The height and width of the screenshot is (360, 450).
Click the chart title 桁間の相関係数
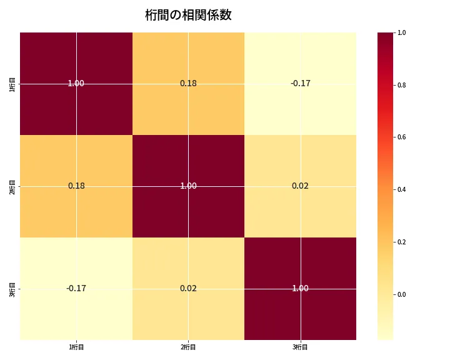[188, 16]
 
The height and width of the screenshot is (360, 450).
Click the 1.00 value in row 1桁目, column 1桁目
[76, 83]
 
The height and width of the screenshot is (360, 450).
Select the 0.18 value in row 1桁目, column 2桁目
[188, 83]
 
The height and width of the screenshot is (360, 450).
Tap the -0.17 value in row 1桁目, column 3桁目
[300, 83]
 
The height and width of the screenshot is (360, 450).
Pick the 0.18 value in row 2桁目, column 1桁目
[76, 186]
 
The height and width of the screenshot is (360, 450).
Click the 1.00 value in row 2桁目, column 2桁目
[188, 186]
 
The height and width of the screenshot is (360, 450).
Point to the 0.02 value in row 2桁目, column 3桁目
[300, 186]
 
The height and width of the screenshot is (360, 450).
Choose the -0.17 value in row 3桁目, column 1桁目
[76, 288]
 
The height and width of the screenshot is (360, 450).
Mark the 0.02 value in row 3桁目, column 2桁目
[188, 288]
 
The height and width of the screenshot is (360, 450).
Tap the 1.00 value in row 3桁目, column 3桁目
[300, 288]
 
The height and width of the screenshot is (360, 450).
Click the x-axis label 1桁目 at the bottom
[76, 347]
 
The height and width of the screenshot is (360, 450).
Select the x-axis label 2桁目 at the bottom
[188, 347]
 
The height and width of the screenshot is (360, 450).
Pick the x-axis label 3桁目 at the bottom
[301, 347]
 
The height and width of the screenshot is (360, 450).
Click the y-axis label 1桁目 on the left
[12, 84]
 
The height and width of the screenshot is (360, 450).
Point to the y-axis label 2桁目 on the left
[12, 186]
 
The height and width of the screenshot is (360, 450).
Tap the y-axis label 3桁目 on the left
[12, 289]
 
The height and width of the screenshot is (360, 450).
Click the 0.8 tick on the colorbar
[402, 85]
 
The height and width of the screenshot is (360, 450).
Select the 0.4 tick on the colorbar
[402, 189]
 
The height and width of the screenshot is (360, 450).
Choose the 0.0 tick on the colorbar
[402, 294]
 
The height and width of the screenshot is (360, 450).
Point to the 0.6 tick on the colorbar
[402, 137]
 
